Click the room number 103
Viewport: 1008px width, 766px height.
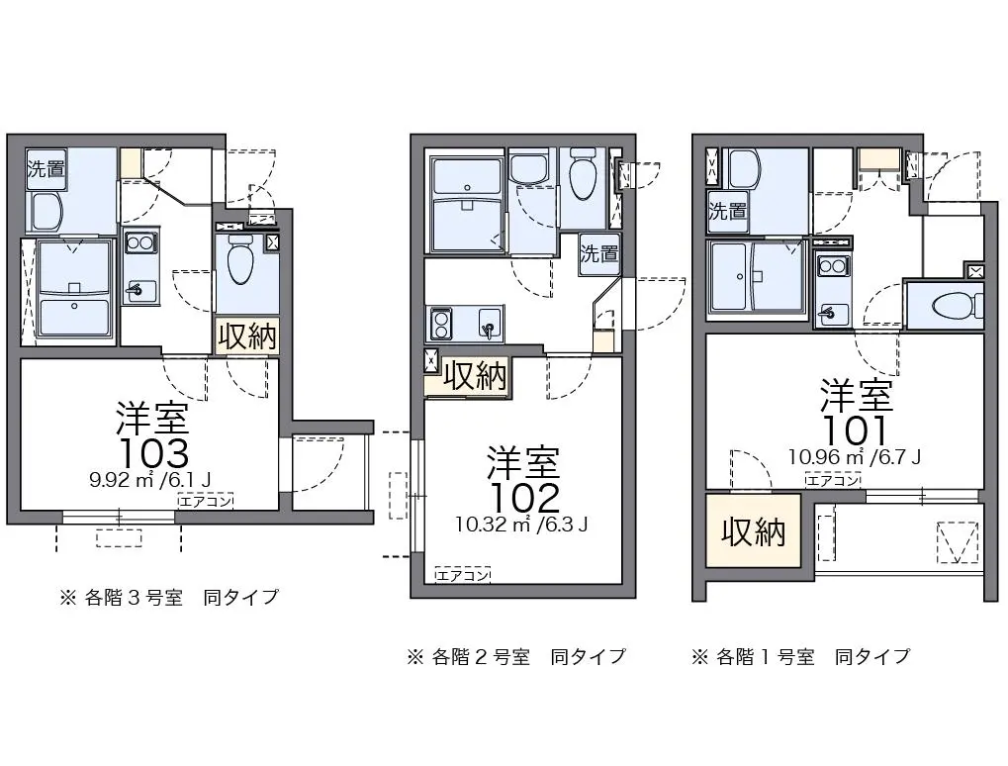[154, 453]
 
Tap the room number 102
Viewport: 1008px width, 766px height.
[525, 497]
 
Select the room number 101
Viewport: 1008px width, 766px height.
[856, 430]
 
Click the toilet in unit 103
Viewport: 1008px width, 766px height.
[241, 259]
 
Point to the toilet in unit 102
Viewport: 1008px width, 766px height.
[584, 173]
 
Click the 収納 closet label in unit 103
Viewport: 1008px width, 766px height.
[247, 336]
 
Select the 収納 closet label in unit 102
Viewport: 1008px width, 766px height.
[475, 376]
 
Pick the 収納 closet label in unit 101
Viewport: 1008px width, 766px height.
[753, 531]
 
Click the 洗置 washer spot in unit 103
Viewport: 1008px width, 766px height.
[46, 169]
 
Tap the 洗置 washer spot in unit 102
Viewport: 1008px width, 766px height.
[599, 253]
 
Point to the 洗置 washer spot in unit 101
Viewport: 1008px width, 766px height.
[727, 211]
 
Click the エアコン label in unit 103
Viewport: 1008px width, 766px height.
[206, 501]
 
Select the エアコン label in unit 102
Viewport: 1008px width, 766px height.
[463, 575]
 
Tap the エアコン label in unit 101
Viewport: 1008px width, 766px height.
[833, 480]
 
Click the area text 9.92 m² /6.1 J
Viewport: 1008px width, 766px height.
[150, 479]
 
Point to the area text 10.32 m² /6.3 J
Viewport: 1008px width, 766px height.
[521, 525]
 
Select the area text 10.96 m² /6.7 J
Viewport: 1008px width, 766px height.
[855, 456]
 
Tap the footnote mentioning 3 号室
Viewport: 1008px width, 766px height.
[170, 598]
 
